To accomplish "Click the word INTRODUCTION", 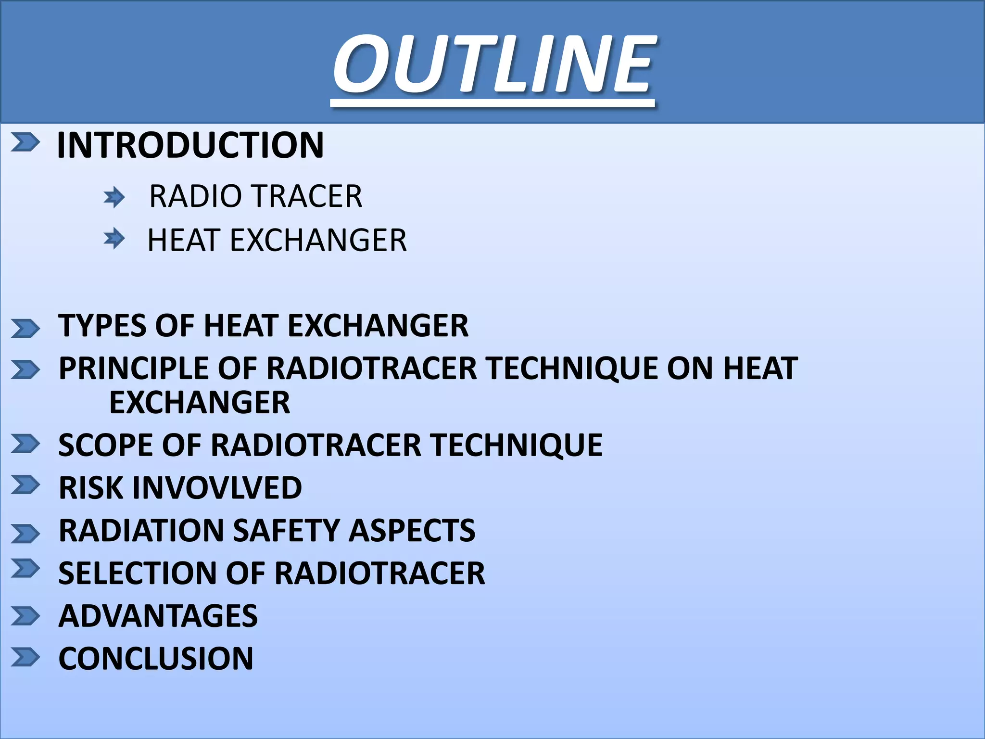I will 190,145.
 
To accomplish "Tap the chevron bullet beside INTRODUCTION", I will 25,142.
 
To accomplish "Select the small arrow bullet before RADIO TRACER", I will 114,197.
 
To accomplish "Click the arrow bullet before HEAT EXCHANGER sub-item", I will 114,239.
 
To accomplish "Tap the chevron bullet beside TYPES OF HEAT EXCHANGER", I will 25,329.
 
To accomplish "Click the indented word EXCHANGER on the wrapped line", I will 200,403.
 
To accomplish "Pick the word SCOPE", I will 105,445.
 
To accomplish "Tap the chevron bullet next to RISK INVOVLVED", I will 25,484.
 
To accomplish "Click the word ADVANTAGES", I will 158,616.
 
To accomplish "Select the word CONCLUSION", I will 156,659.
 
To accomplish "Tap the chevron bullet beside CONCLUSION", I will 25,657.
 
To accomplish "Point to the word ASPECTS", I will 412,531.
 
